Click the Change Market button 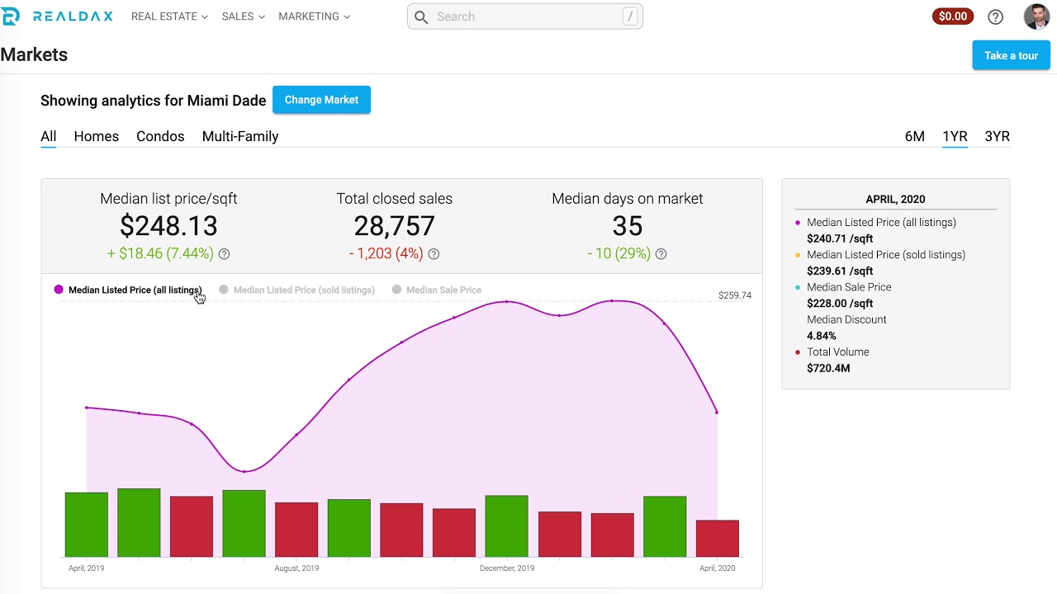tap(321, 100)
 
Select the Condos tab tap(160, 136)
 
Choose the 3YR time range tap(997, 136)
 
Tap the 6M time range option tap(914, 136)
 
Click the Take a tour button tap(1011, 55)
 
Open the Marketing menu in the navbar tap(314, 16)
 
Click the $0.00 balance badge tap(953, 16)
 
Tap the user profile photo tap(1036, 16)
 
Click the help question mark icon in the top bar tap(995, 16)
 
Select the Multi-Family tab tap(240, 136)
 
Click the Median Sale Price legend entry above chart tap(443, 290)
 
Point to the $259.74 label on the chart tap(734, 295)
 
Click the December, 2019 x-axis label tap(507, 568)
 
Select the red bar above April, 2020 tap(717, 538)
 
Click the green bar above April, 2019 tap(87, 525)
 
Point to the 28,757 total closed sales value tap(394, 226)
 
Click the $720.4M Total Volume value tap(828, 368)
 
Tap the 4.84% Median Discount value tap(822, 336)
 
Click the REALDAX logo tap(57, 16)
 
